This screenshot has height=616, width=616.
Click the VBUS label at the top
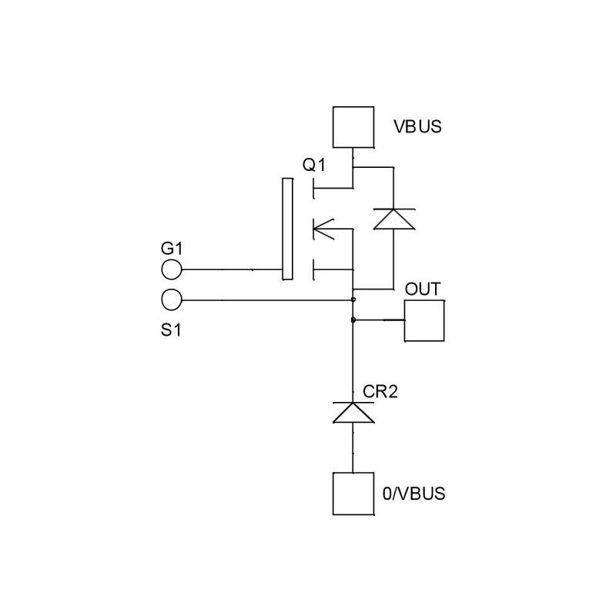pos(418,126)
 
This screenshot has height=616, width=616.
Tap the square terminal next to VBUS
pos(353,127)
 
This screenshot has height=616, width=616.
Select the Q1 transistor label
pos(314,165)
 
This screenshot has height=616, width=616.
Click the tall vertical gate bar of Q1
pos(287,229)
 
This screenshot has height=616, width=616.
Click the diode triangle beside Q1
pos(393,219)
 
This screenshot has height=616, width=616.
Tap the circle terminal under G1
pos(172,269)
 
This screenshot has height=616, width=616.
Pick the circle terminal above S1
pos(172,299)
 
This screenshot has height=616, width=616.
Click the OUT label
pos(423,290)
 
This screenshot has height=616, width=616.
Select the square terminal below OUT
pos(424,320)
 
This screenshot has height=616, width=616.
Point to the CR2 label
pos(380,392)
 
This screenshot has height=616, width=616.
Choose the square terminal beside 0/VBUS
pos(353,494)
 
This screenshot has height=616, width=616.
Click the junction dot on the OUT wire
pos(353,320)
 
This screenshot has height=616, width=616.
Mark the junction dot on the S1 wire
pos(353,299)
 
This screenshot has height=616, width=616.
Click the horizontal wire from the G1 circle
pos(231,269)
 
